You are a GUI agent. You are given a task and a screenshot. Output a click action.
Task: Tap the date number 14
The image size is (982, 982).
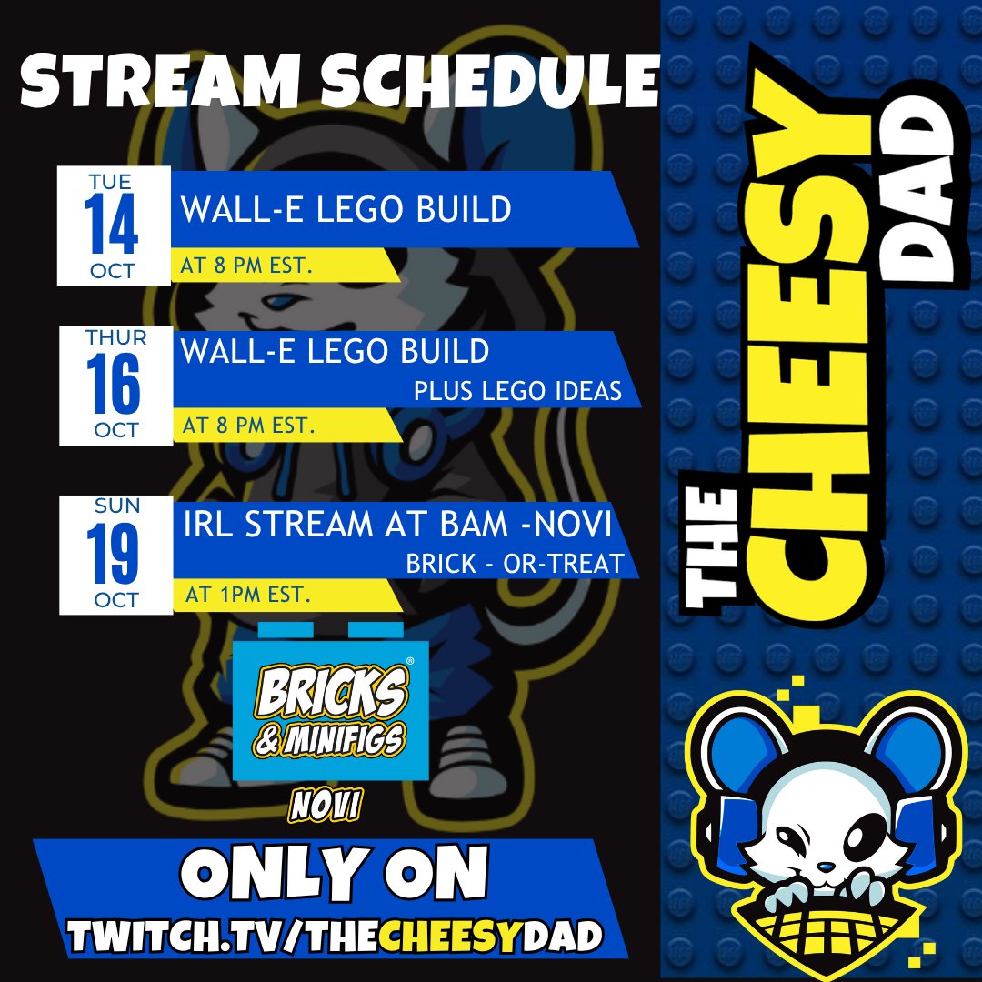[x=113, y=225]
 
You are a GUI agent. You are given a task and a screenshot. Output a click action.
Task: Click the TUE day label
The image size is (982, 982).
[x=110, y=182]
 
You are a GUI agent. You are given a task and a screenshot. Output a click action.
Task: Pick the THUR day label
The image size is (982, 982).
[x=115, y=338]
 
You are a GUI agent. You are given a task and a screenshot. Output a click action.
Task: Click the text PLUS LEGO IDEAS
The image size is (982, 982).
[x=517, y=391]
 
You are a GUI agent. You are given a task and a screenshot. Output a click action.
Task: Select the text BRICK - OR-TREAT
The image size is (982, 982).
[x=516, y=564]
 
